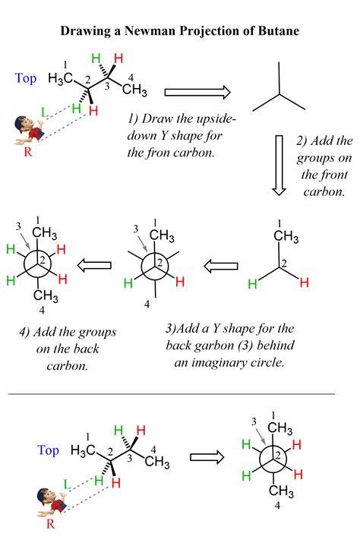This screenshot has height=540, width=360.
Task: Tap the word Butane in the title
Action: click(x=278, y=31)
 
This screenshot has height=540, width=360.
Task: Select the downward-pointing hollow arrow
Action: click(x=279, y=166)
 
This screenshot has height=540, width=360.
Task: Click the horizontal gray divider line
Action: click(x=171, y=393)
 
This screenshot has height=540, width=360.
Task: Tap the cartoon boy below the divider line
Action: click(x=52, y=501)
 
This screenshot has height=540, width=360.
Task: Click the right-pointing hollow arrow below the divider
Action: click(x=207, y=456)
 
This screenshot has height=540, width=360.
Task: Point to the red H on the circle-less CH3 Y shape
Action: click(x=305, y=283)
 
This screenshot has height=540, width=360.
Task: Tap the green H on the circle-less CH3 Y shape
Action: click(x=252, y=284)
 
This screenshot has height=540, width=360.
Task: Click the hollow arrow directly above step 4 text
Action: click(x=94, y=266)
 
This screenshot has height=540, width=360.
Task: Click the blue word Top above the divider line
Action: click(x=26, y=78)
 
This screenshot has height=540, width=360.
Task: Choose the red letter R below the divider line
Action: click(x=50, y=524)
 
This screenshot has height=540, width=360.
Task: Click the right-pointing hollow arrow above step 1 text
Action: click(x=197, y=93)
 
